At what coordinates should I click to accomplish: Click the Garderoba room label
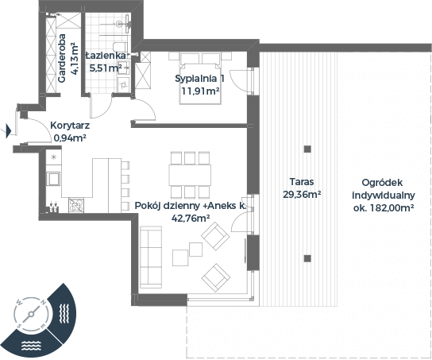tap(62, 58)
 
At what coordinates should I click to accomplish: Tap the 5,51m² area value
tap(106, 68)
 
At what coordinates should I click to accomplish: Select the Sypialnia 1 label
tap(200, 79)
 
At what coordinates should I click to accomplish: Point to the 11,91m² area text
tap(200, 91)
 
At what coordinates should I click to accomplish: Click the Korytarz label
tap(70, 126)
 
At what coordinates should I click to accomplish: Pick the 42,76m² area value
tap(191, 219)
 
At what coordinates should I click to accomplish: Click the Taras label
tap(302, 182)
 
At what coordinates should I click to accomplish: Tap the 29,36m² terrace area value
tap(302, 195)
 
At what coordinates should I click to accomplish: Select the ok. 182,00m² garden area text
tap(384, 208)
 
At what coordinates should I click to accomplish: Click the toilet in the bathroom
tap(120, 46)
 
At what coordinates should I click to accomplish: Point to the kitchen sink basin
tap(53, 179)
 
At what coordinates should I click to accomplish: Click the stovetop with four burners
tap(76, 206)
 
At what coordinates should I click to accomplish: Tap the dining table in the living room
tap(190, 175)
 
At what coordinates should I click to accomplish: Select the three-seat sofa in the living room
tap(151, 257)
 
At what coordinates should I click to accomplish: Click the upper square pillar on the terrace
tap(307, 149)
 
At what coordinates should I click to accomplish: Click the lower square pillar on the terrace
tap(307, 258)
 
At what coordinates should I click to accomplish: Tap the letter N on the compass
tap(43, 302)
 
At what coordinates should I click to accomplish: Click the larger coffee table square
tap(180, 257)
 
